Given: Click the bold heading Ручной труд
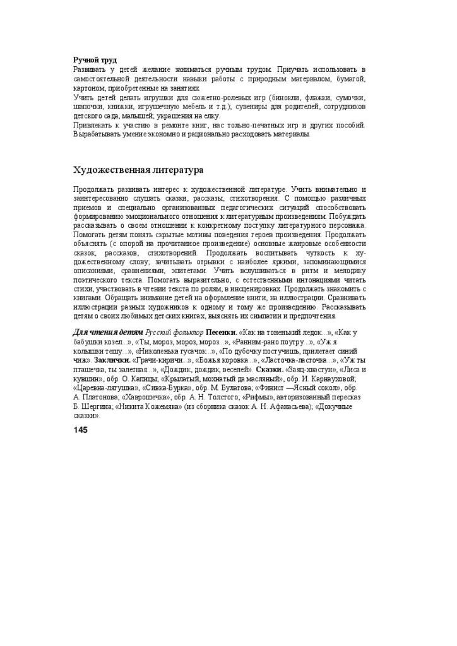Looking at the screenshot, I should (x=95, y=60).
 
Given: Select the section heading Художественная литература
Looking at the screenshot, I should (x=138, y=170).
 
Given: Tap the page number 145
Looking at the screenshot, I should (x=80, y=430).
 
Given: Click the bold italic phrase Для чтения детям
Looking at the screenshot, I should (x=108, y=332).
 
